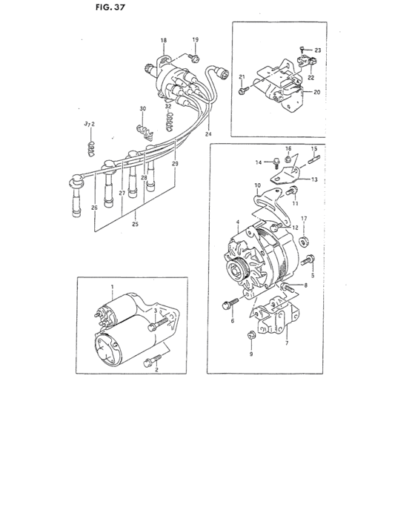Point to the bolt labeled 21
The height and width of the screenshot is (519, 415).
tap(243, 90)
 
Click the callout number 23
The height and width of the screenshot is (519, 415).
tap(317, 50)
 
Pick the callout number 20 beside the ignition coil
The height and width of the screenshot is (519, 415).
tap(317, 93)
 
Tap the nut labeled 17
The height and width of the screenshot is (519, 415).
tap(303, 241)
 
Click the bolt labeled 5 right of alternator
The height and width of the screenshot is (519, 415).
tap(309, 260)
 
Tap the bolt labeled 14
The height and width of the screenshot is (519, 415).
tap(275, 161)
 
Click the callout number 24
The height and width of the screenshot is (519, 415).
tap(210, 135)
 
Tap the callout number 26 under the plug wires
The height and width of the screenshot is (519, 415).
tap(94, 208)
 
